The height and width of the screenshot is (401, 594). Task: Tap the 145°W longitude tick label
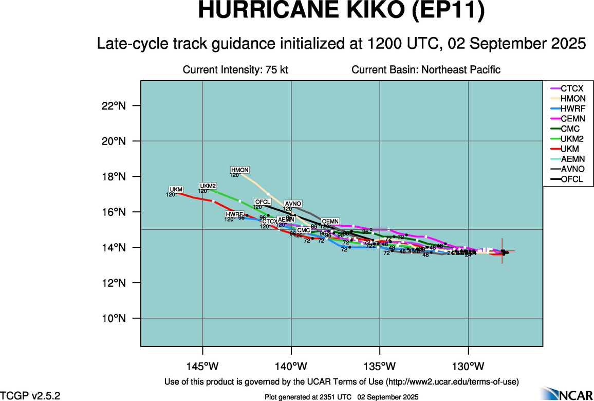[202, 366]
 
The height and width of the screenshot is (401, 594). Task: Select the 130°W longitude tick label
[468, 366]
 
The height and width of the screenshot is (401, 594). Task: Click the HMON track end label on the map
[240, 170]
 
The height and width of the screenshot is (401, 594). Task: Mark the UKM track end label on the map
[176, 190]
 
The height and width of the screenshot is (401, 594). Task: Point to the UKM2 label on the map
[208, 186]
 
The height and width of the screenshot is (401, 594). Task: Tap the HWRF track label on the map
[234, 214]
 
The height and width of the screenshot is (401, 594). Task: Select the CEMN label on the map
[330, 222]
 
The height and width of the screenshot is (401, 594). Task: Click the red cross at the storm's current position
[503, 251]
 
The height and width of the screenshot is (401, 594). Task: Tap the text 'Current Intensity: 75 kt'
[235, 70]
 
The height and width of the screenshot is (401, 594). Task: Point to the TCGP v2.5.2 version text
[30, 395]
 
